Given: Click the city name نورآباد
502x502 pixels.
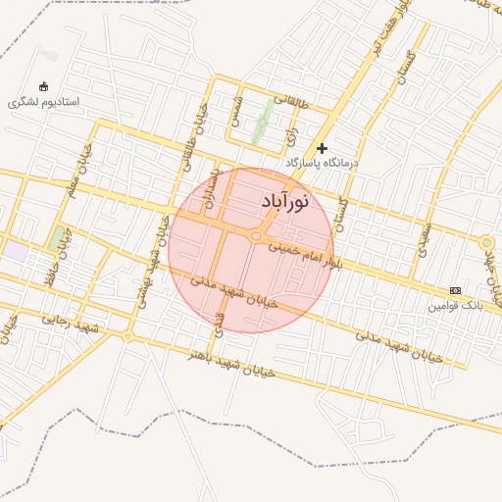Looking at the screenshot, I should pyautogui.click(x=285, y=201).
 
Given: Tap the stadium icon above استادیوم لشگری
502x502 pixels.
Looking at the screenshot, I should pyautogui.click(x=42, y=86).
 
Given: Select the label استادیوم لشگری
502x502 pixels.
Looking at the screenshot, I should pyautogui.click(x=43, y=101).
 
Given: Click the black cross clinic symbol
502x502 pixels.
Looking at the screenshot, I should pyautogui.click(x=322, y=147).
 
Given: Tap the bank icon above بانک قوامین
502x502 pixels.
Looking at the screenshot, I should pyautogui.click(x=455, y=290).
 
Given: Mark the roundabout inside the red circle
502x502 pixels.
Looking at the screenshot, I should pyautogui.click(x=257, y=236).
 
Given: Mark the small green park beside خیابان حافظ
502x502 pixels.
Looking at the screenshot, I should pyautogui.click(x=55, y=237).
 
